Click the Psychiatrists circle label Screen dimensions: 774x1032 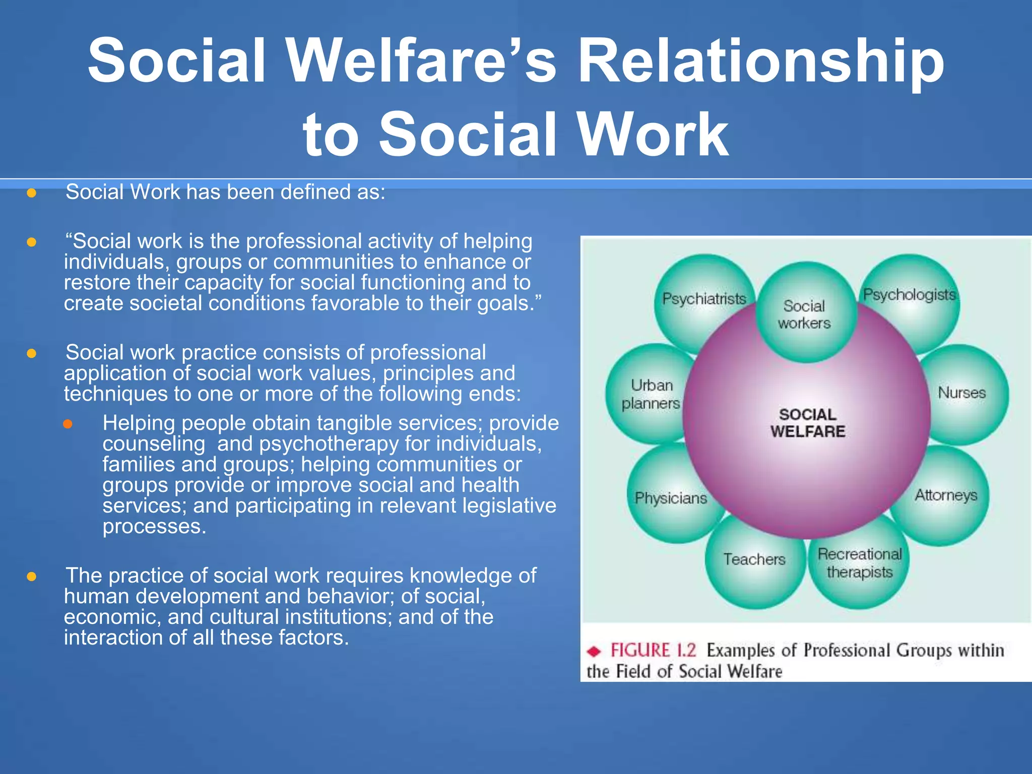[x=704, y=299]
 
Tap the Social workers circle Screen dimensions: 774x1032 [x=805, y=314]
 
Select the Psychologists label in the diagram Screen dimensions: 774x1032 [x=909, y=295]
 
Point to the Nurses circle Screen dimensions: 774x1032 [x=961, y=393]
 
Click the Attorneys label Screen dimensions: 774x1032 [x=946, y=495]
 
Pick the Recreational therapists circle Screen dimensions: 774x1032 [x=859, y=563]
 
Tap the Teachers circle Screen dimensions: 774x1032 [x=754, y=559]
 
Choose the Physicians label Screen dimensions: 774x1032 [x=671, y=498]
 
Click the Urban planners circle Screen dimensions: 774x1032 [x=651, y=394]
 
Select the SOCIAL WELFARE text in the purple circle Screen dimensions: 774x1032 [x=808, y=423]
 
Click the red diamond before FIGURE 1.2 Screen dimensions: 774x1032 [x=595, y=652]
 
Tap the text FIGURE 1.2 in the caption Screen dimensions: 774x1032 [x=653, y=650]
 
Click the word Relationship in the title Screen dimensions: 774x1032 [x=761, y=61]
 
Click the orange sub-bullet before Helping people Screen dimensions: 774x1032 [x=68, y=424]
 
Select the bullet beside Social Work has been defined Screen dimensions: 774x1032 [x=31, y=193]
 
